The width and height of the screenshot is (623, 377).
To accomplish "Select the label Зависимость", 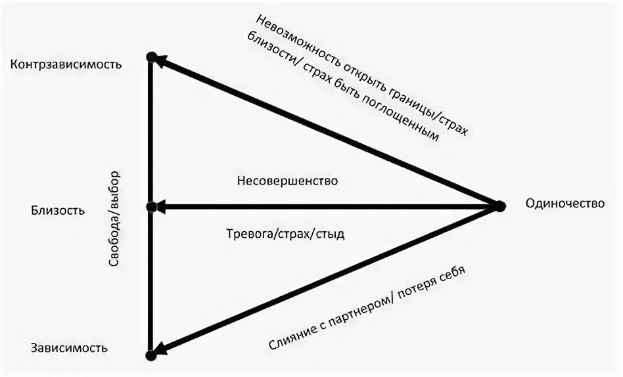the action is [x=68, y=348].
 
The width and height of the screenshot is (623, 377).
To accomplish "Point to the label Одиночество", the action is [x=565, y=204].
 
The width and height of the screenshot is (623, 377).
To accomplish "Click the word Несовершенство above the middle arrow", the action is [x=288, y=181].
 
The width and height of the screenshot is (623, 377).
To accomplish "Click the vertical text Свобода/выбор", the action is [x=118, y=219].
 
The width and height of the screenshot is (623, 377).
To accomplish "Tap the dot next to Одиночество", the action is [x=499, y=206].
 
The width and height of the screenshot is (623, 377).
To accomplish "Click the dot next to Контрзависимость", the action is [x=151, y=58].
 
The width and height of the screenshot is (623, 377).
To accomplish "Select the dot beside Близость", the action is [x=151, y=207].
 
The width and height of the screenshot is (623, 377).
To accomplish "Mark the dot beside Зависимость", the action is [x=151, y=355].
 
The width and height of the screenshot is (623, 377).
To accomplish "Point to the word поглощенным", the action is [x=411, y=118].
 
